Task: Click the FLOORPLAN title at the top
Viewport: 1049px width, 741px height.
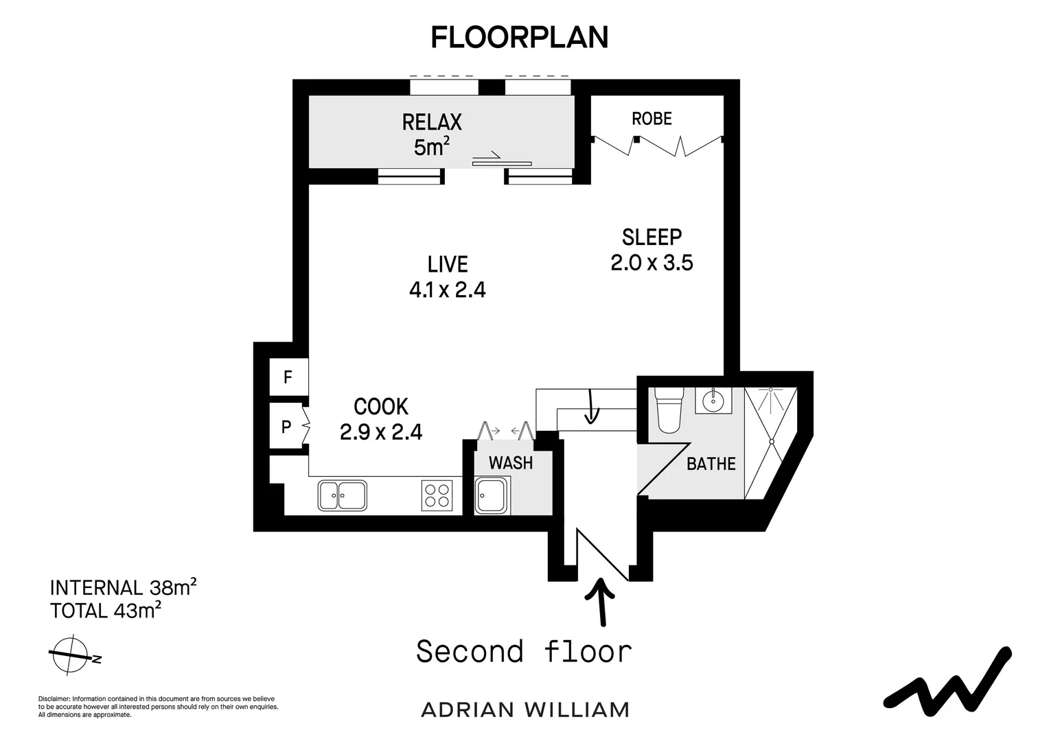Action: [x=519, y=37]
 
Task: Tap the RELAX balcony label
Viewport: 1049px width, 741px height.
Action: [x=432, y=122]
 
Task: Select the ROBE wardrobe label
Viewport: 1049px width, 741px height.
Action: [x=652, y=119]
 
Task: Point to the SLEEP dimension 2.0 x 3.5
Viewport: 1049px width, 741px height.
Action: [x=652, y=263]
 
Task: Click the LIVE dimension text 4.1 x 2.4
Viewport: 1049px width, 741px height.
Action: [x=448, y=290]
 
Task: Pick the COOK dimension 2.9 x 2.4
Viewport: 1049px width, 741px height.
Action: [x=381, y=432]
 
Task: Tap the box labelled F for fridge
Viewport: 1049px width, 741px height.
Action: [x=288, y=377]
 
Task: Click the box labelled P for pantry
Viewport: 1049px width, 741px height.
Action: [x=287, y=427]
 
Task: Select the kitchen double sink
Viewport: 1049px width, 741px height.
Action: [x=342, y=495]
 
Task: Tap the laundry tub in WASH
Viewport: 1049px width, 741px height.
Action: [x=491, y=496]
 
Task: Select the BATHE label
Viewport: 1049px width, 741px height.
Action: [x=711, y=464]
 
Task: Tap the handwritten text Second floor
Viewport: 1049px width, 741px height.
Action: [x=524, y=652]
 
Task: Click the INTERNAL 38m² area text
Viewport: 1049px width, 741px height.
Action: [x=124, y=587]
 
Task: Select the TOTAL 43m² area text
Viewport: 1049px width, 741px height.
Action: [x=106, y=610]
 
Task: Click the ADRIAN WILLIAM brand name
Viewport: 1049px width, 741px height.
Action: [x=524, y=709]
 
